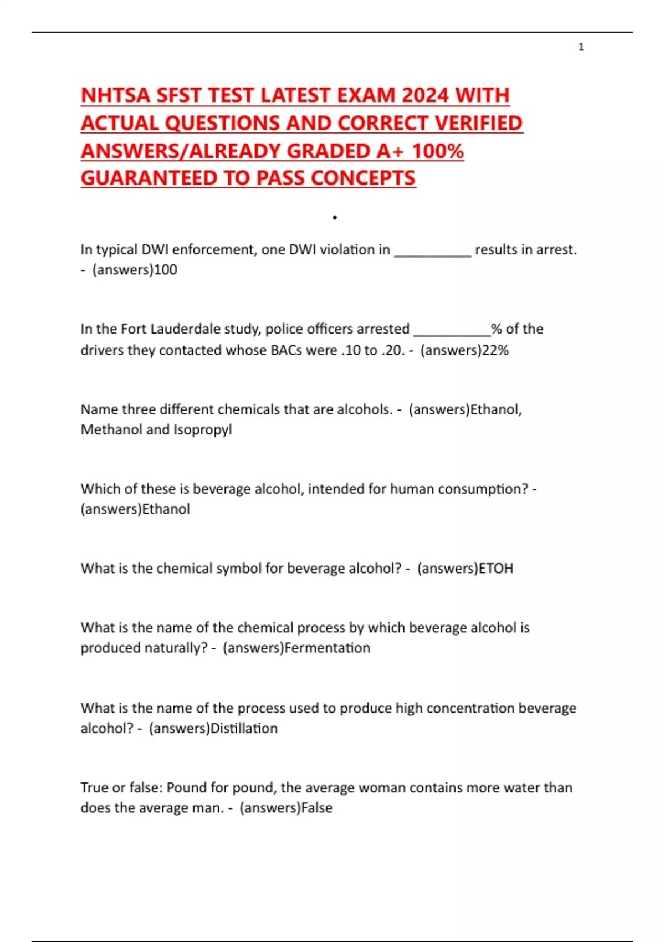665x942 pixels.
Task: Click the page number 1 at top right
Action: click(x=581, y=47)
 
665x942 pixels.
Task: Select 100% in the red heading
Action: click(x=438, y=151)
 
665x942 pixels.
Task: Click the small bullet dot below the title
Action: click(x=335, y=218)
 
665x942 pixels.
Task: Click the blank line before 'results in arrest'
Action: click(x=432, y=253)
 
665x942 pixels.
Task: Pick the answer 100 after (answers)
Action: click(x=166, y=270)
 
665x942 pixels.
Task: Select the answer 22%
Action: click(x=495, y=350)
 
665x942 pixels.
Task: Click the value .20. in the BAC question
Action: click(x=393, y=350)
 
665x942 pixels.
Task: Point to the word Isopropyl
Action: click(x=203, y=430)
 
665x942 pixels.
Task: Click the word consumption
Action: click(x=475, y=489)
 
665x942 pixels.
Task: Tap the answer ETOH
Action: click(x=496, y=569)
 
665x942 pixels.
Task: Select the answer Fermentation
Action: click(x=327, y=648)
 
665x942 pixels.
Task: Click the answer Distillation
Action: click(x=244, y=728)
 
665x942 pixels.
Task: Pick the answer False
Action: click(x=316, y=808)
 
